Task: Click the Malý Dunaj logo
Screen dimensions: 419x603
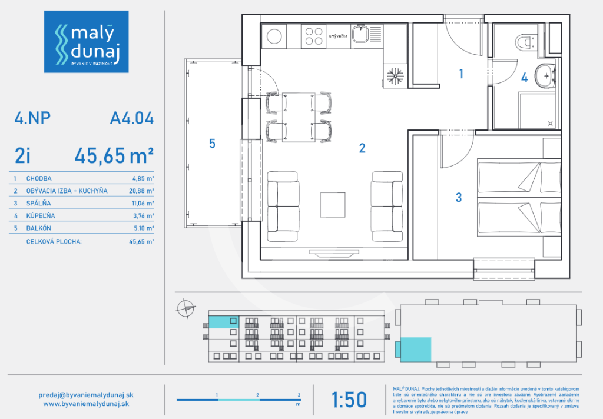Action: click(x=87, y=41)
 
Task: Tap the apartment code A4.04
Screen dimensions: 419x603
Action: click(x=132, y=119)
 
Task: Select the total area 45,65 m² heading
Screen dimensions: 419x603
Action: click(x=114, y=155)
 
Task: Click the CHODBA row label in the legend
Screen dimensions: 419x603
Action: click(x=39, y=178)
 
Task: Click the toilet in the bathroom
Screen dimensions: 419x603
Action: click(x=524, y=42)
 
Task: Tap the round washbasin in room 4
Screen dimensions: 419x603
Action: click(x=545, y=75)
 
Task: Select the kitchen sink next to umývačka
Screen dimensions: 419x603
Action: click(x=360, y=34)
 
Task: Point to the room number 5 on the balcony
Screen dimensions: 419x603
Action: click(x=213, y=143)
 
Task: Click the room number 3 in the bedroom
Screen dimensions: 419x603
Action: click(x=459, y=198)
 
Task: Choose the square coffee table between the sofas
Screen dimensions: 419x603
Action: click(x=332, y=205)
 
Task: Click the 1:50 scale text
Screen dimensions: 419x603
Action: click(x=349, y=400)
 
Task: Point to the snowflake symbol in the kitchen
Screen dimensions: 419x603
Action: click(x=394, y=75)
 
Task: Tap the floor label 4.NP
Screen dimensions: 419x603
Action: click(x=32, y=119)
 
